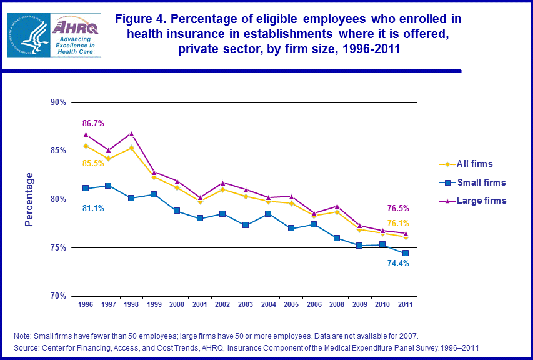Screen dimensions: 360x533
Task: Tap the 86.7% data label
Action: coord(94,124)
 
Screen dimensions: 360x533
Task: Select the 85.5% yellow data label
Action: coord(94,164)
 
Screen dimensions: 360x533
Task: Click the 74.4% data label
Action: coord(397,264)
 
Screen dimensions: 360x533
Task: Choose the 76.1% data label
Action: coord(397,223)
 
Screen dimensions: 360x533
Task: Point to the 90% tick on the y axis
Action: coord(58,102)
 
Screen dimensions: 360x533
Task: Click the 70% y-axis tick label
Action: coord(58,296)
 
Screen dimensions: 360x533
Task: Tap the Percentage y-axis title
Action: coord(29,199)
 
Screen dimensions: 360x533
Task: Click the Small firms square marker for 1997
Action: coord(109,186)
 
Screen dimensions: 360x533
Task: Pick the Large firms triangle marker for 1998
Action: coord(131,134)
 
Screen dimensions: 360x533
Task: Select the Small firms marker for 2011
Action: coord(406,253)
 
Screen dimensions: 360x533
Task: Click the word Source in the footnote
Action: coord(27,347)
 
